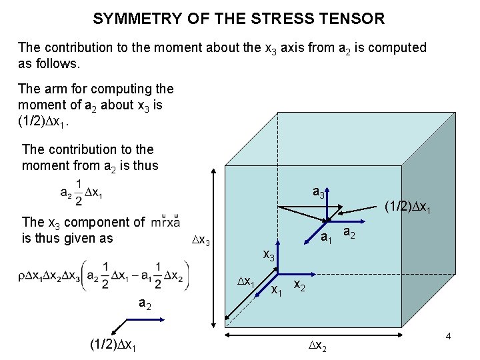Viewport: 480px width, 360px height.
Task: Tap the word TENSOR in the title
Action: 354,19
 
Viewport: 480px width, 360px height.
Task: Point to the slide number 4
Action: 449,338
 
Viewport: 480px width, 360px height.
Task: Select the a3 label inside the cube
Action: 319,193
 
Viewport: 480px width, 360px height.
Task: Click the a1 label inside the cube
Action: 325,238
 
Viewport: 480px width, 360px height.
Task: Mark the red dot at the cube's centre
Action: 328,220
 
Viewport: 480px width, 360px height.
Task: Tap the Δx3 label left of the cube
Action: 200,241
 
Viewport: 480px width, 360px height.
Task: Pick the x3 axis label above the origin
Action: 269,255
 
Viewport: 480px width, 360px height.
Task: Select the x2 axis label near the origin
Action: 299,286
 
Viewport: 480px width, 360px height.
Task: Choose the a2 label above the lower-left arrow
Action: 144,303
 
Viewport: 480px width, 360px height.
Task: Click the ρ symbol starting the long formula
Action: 25,275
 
